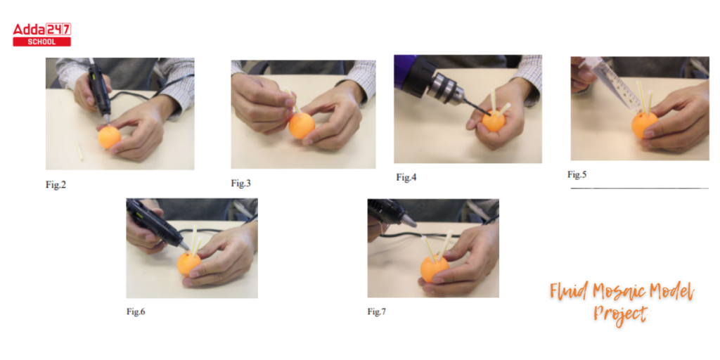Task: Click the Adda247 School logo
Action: pos(41,34)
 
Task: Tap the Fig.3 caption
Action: pos(241,183)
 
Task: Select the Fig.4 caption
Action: pos(406,177)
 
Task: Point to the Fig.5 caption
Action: pos(578,174)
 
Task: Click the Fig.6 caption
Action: pos(136,311)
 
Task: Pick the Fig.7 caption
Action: pos(377,311)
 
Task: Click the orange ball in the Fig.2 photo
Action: pos(109,137)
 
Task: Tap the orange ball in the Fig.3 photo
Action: pos(302,125)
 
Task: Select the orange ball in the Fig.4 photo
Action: pos(494,121)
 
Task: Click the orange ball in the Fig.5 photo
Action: pos(644,124)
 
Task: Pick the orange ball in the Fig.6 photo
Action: pos(188,264)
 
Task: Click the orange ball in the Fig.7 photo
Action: pos(434,269)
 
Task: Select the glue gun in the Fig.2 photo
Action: pos(99,89)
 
